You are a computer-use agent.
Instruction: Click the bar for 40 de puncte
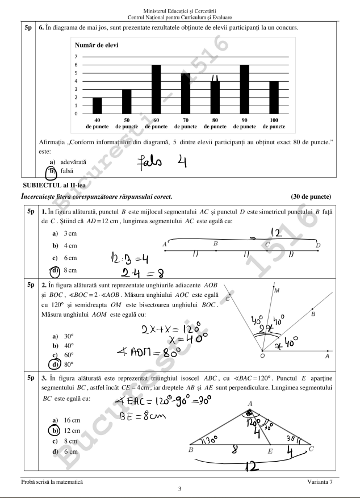[97, 106]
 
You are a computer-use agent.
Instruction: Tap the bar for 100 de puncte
[274, 98]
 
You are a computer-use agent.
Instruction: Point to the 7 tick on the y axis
[76, 57]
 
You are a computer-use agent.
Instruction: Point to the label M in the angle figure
[277, 291]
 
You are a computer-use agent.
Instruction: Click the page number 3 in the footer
[179, 489]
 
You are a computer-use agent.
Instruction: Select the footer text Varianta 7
[320, 482]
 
